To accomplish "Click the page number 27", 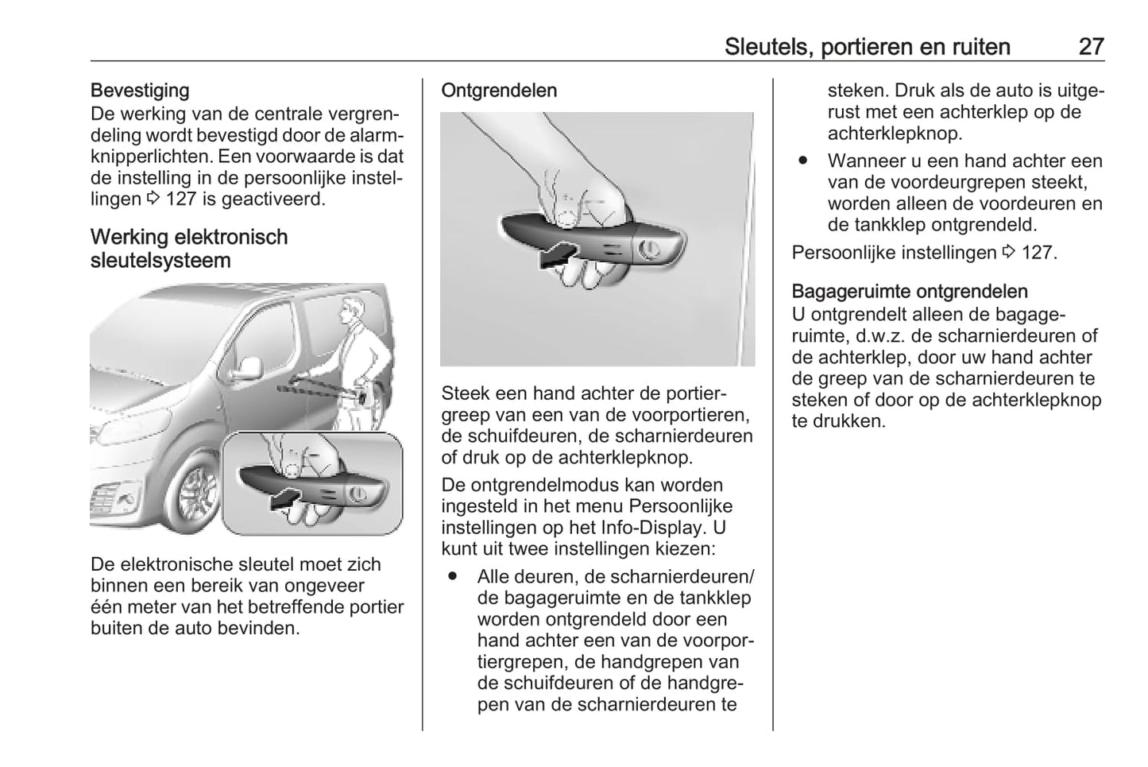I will click(1091, 46).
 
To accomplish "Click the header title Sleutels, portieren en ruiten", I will click(867, 46).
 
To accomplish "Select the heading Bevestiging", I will click(140, 91).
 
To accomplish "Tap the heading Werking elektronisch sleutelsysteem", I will click(189, 249).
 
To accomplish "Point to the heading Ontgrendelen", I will click(499, 91).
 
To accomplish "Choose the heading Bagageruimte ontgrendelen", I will click(910, 292).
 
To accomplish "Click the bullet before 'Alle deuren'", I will click(454, 575).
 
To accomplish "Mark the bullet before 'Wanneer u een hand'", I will click(803, 161).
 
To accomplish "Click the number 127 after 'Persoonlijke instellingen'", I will click(1037, 253).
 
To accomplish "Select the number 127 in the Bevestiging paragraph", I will click(180, 199).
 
